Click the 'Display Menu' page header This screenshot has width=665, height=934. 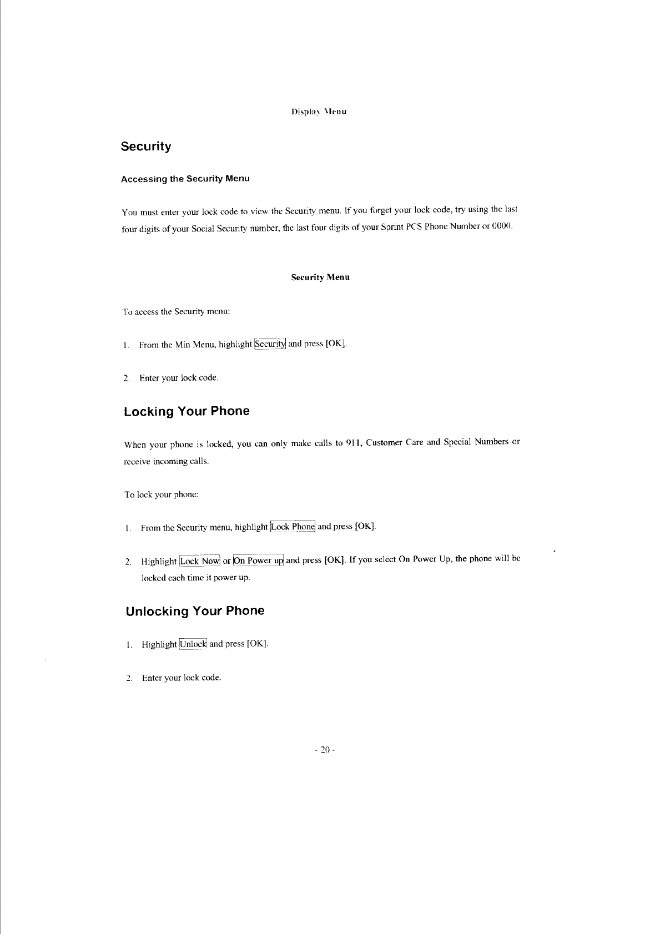click(319, 112)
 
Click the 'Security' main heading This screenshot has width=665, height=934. click(146, 147)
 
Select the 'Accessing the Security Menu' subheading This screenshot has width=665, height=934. click(185, 179)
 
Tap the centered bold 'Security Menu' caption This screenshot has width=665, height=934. click(320, 277)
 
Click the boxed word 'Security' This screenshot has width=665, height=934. click(270, 344)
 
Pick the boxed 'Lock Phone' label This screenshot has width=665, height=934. click(293, 526)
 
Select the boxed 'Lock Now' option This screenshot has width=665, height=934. click(200, 561)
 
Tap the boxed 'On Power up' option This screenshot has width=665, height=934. click(258, 560)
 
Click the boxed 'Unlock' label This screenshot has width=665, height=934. click(193, 644)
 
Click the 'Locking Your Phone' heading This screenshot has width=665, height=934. click(187, 411)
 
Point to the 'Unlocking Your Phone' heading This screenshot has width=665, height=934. click(195, 611)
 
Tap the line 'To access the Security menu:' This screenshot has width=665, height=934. click(176, 311)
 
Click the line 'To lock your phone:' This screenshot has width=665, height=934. click(162, 494)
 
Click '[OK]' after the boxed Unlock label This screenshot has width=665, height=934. click(258, 644)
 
